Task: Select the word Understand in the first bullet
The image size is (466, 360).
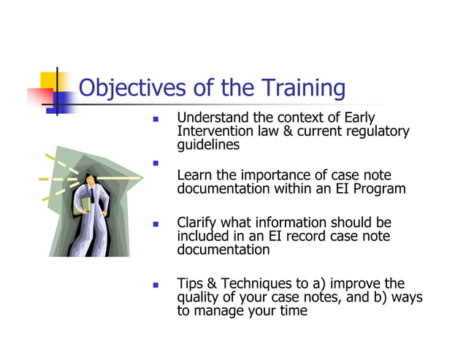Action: click(211, 118)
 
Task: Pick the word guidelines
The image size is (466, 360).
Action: click(208, 145)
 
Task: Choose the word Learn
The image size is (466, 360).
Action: click(194, 175)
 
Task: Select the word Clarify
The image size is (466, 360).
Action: click(198, 222)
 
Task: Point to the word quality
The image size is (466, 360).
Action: click(199, 296)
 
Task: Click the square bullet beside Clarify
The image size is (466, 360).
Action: click(156, 223)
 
